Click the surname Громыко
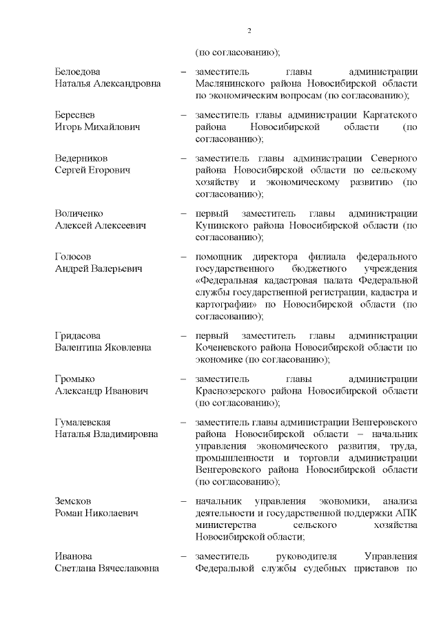point(75,379)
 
